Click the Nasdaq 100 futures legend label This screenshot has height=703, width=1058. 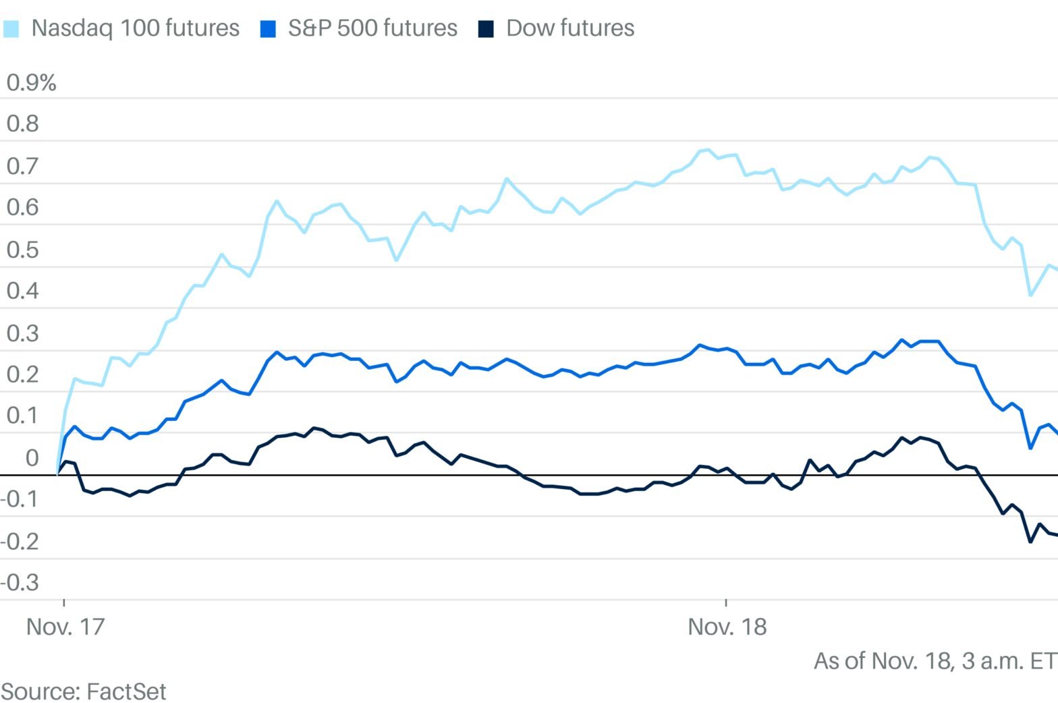point(135,28)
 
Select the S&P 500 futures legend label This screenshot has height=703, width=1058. point(372,28)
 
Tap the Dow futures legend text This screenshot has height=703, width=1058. point(570,28)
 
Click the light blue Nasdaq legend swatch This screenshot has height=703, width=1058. point(11,29)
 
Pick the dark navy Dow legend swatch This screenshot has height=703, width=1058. point(486,29)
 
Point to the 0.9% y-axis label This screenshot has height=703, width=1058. point(31,83)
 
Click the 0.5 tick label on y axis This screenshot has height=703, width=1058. point(23,250)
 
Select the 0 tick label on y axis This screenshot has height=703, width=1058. point(32,458)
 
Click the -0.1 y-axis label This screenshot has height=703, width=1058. point(20,499)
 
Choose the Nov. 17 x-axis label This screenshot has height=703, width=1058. point(65,627)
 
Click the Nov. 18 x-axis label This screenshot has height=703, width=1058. point(727,627)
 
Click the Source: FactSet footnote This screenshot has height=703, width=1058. point(84,691)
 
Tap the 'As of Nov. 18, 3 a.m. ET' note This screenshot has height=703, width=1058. point(935,660)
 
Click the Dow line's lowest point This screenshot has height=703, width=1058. point(1030,541)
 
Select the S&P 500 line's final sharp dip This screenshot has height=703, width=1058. point(1030,447)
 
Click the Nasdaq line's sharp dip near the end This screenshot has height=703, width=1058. point(1030,295)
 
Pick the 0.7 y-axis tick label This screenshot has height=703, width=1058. point(23,166)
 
